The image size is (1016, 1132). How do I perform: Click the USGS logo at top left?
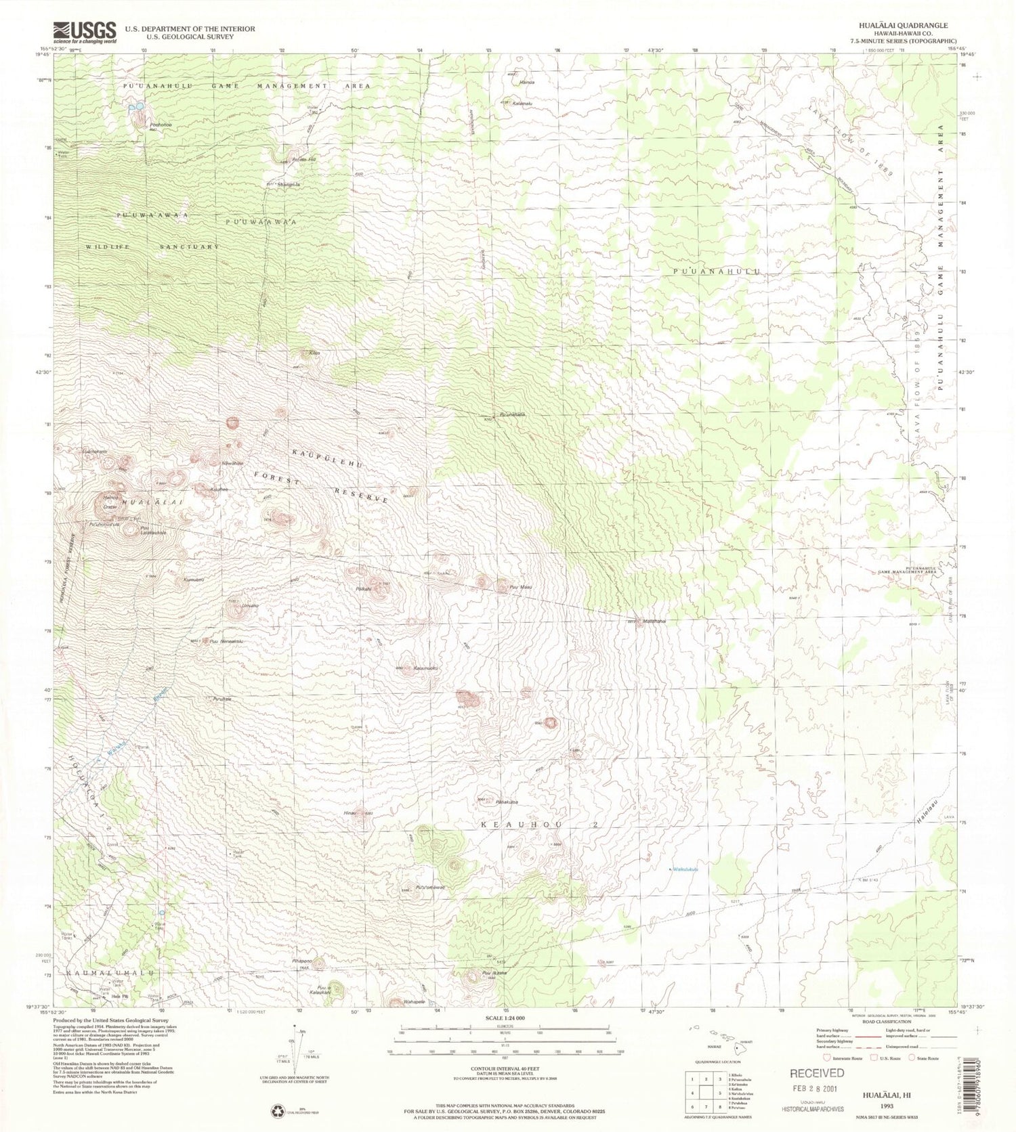tap(85, 32)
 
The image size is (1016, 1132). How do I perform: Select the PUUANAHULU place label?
tap(717, 271)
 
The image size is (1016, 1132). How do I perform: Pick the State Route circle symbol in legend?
tap(912, 1057)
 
